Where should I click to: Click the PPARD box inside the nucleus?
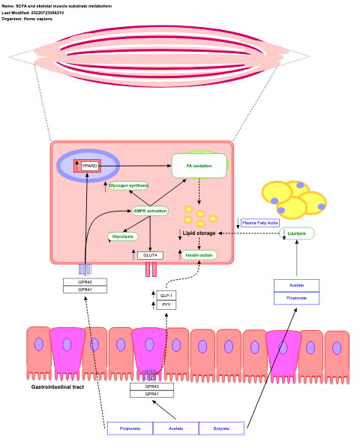pos(90,165)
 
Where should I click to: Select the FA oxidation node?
pos(199,166)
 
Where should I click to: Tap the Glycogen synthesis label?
pos(128,185)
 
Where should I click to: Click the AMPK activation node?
pos(150,211)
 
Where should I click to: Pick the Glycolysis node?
pos(123,236)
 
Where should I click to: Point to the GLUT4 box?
pos(150,255)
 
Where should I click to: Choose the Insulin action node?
pos(199,255)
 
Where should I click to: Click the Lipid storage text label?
pos(199,233)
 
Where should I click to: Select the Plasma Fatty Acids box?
pos(260,223)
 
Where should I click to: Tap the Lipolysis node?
pos(296,233)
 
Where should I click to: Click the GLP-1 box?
pos(166,296)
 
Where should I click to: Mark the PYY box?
pos(166,305)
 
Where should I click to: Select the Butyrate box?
pos(221,428)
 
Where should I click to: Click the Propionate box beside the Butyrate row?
pos(130,428)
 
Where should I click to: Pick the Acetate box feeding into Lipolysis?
pos(296,285)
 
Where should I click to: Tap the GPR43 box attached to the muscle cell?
pos(85,282)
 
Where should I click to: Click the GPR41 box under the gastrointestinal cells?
pos(151,394)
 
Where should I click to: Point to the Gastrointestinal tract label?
pos(58,387)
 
